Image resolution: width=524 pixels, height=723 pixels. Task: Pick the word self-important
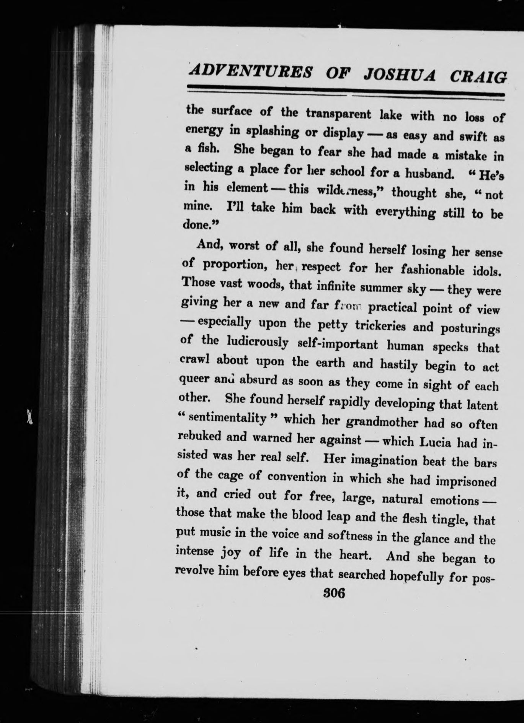click(x=338, y=345)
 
